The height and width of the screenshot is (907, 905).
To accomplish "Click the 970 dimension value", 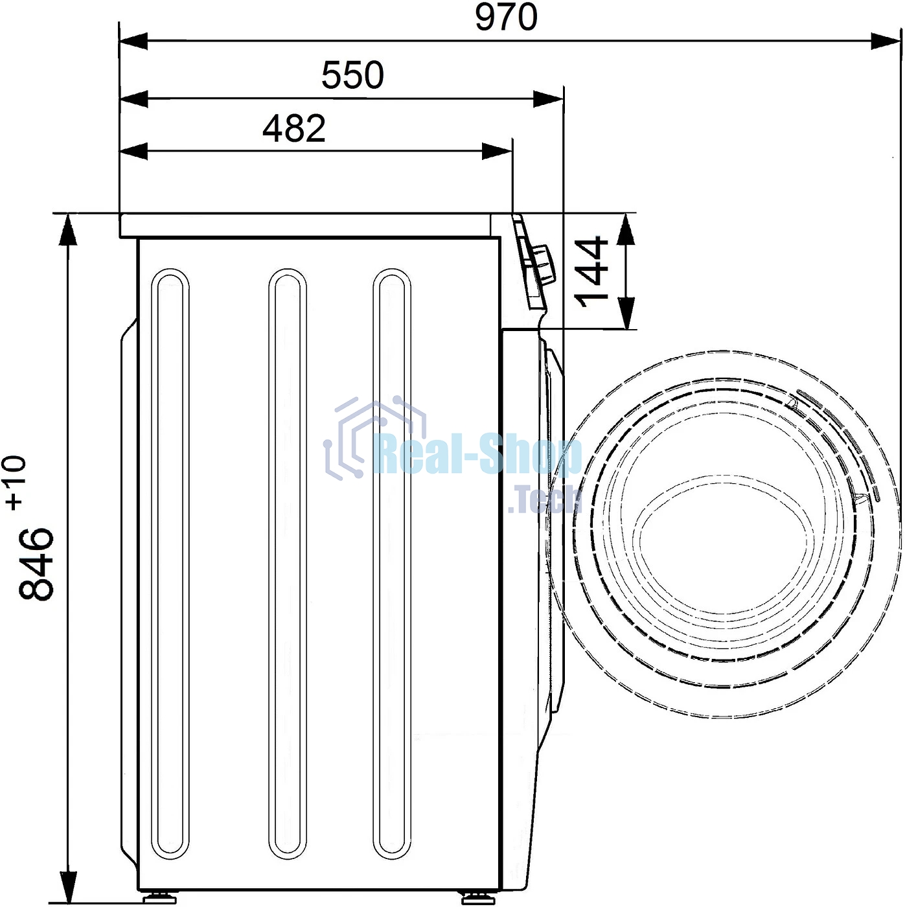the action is click(506, 17).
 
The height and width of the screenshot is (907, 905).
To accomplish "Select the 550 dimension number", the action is click(352, 75).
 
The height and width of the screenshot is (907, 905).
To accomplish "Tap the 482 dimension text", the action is click(294, 128).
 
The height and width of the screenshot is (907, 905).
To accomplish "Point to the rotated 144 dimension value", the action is click(591, 272).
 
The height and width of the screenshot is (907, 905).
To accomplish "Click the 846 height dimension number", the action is click(36, 564).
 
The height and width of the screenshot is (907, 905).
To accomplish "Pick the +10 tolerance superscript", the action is click(15, 482).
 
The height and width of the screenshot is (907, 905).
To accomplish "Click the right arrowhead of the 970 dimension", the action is click(886, 41).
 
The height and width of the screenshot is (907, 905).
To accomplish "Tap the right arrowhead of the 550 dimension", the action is click(548, 99).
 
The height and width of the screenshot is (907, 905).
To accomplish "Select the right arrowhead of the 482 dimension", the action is click(497, 152).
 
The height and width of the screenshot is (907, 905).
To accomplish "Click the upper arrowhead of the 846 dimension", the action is click(68, 229).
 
